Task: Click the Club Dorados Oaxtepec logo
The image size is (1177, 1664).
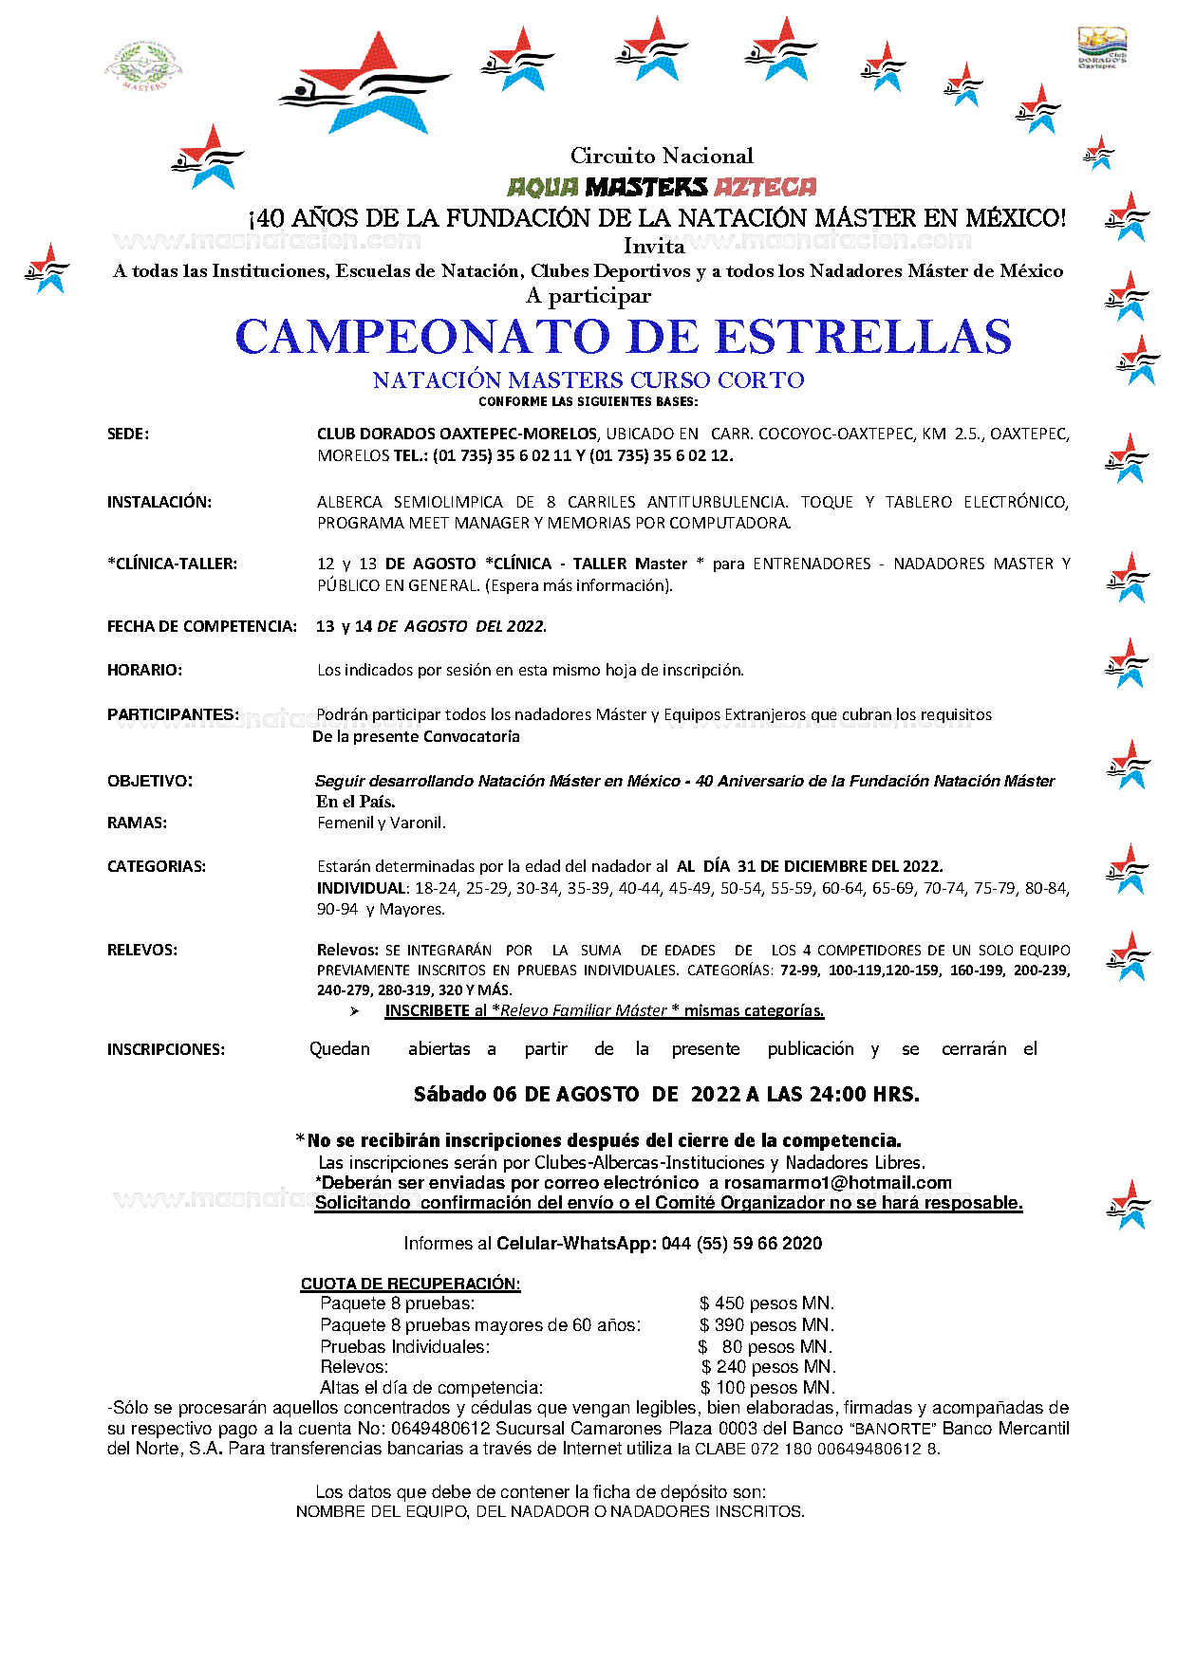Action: (x=1102, y=48)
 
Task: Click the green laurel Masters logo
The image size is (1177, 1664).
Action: (x=143, y=65)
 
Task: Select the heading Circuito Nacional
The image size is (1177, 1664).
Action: (x=662, y=156)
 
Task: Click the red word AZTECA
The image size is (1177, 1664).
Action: (x=765, y=187)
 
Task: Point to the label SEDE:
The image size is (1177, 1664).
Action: (x=128, y=434)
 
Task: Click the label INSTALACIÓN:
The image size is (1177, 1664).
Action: (x=159, y=502)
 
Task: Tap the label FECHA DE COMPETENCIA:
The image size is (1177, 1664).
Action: (x=202, y=626)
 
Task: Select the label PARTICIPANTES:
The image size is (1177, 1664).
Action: (x=174, y=714)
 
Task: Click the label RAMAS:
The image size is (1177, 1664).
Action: (x=138, y=823)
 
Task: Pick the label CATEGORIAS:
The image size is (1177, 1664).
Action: (x=157, y=866)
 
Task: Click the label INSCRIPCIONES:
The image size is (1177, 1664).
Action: (x=166, y=1049)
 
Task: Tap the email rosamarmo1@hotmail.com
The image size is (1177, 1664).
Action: (x=837, y=1183)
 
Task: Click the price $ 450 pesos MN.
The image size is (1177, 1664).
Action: (x=767, y=1303)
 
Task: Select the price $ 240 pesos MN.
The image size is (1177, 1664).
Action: (x=768, y=1367)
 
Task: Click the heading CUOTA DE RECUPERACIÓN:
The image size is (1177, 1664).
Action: (x=410, y=1284)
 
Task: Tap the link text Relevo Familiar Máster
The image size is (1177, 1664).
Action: (x=584, y=1011)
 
